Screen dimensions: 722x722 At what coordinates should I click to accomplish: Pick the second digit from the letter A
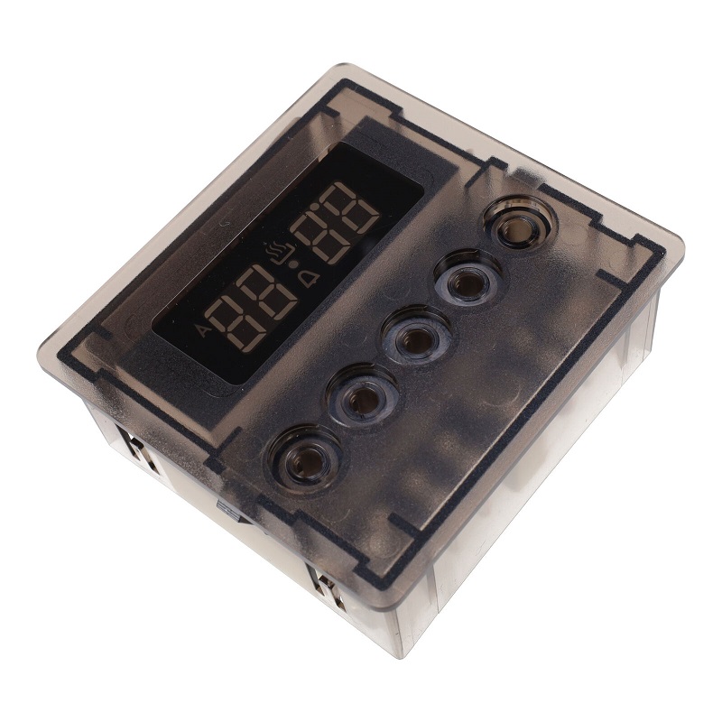tap(267, 294)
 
